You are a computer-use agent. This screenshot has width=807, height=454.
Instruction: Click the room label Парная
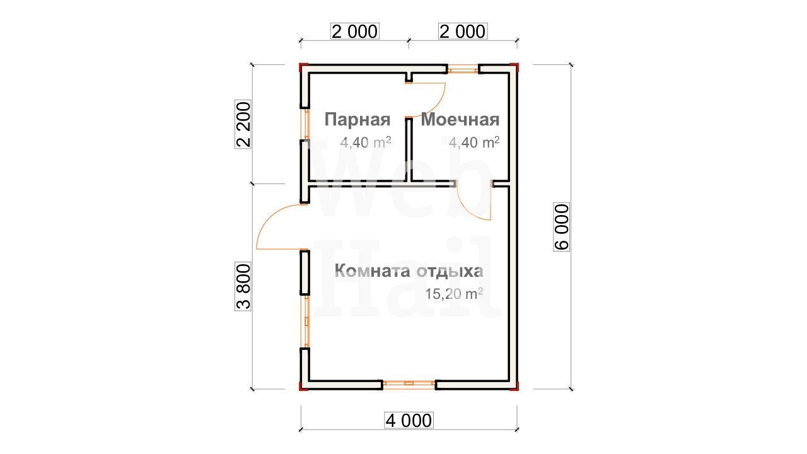point(357,120)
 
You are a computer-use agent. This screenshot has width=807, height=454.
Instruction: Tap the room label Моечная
point(460,120)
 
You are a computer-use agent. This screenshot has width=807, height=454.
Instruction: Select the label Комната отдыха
point(409,271)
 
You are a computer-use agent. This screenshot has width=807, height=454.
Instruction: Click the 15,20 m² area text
point(454,294)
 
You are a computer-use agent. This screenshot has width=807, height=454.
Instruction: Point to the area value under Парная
point(366,143)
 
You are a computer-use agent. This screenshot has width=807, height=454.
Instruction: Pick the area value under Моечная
point(474,143)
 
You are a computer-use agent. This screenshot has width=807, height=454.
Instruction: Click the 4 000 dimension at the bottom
point(409,421)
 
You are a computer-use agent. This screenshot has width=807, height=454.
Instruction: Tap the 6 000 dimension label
point(562,227)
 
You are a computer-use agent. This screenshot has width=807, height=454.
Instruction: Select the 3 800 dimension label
point(243,286)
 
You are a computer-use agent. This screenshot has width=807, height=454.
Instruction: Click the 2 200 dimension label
point(243,124)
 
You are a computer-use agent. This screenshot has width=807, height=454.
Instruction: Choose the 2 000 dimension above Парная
point(355,32)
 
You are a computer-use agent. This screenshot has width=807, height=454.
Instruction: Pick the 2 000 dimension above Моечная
point(463,32)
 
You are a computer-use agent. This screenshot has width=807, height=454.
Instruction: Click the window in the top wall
point(463,69)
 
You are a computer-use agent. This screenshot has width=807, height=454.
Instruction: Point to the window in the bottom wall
point(409,384)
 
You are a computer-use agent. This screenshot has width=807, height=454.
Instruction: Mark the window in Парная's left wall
point(306,124)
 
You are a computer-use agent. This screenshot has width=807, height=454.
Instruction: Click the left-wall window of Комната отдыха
point(306,322)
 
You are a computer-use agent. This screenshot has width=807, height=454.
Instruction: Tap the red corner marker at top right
point(514,66)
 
